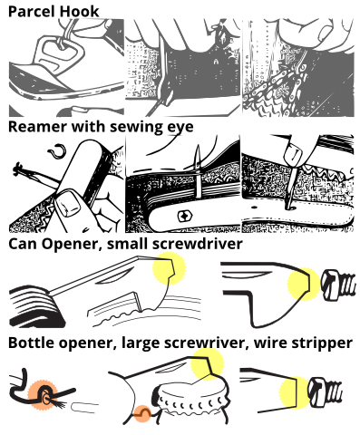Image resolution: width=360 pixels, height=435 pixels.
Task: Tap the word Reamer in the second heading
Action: [x=37, y=127]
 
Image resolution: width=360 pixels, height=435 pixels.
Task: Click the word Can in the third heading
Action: [x=23, y=244]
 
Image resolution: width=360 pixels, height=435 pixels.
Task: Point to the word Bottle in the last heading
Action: [x=31, y=343]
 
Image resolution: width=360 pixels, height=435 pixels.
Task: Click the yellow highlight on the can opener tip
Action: [x=169, y=268]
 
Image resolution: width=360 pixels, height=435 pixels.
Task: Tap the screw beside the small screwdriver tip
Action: [x=337, y=285]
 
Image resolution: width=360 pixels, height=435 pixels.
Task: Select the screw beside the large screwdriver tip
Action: [x=325, y=392]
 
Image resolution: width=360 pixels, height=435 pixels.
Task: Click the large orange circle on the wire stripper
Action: [x=43, y=395]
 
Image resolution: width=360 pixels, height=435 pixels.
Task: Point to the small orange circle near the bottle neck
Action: [x=142, y=414]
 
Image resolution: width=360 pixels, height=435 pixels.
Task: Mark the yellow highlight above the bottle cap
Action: [x=208, y=364]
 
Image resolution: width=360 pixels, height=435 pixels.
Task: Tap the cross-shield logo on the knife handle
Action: [x=184, y=217]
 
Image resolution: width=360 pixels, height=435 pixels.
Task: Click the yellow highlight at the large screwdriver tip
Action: [x=294, y=392]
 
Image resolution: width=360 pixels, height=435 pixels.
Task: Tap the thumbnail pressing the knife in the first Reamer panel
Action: [x=68, y=205]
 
